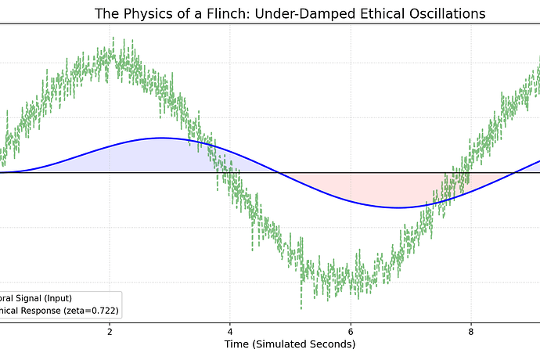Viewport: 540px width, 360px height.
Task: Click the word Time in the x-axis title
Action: (x=238, y=344)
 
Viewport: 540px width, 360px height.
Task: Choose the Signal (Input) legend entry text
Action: (x=44, y=297)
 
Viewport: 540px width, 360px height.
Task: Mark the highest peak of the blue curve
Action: (x=162, y=138)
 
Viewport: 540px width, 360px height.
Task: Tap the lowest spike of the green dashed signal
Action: (x=301, y=308)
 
